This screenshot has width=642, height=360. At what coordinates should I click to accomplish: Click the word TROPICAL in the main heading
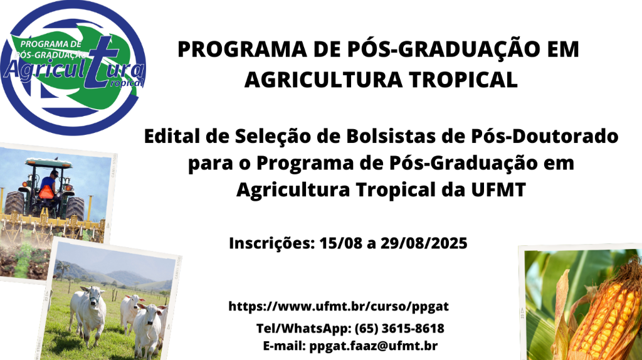[463, 80]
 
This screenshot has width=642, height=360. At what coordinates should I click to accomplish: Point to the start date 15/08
[340, 243]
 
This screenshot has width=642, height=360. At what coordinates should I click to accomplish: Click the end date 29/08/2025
[424, 243]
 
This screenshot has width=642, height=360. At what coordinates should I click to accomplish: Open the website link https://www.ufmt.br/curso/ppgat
[339, 306]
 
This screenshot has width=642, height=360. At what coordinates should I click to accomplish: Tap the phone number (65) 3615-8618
[399, 329]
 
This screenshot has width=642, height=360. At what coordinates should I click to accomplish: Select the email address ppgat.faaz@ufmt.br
[374, 346]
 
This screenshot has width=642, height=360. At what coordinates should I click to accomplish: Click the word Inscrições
[271, 243]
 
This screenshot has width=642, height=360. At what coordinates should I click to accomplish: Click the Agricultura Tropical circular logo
[73, 68]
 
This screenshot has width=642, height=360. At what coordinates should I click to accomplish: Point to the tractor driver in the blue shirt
[49, 184]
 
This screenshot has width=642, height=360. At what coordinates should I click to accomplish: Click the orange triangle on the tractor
[46, 192]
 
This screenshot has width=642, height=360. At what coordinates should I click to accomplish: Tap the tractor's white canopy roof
[49, 163]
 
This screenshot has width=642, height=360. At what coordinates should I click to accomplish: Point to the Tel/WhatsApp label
[304, 329]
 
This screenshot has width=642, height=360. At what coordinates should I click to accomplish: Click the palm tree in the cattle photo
[63, 268]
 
